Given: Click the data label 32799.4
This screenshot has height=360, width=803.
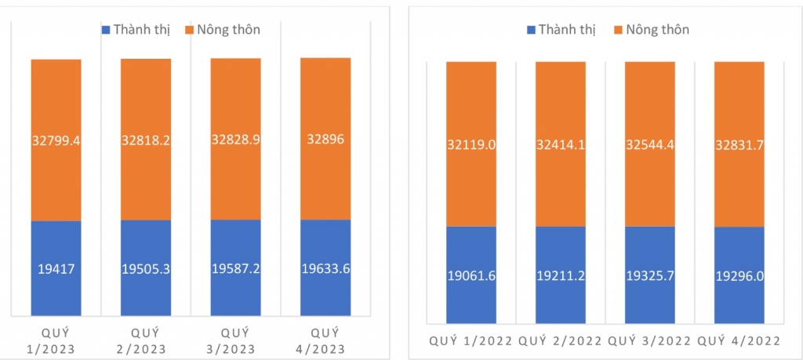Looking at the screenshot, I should pyautogui.click(x=56, y=141).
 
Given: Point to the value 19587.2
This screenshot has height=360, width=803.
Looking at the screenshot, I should pyautogui.click(x=235, y=268).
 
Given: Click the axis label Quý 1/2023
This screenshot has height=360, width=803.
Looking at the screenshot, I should pyautogui.click(x=56, y=339).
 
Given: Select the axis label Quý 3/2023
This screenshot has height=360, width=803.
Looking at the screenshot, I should pyautogui.click(x=235, y=339).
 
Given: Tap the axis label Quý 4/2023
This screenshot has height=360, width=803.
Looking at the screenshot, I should pyautogui.click(x=325, y=339).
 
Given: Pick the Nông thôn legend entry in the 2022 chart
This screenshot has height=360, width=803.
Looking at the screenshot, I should pyautogui.click(x=653, y=30).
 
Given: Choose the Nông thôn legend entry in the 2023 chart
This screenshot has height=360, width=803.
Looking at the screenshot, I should pyautogui.click(x=223, y=30).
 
